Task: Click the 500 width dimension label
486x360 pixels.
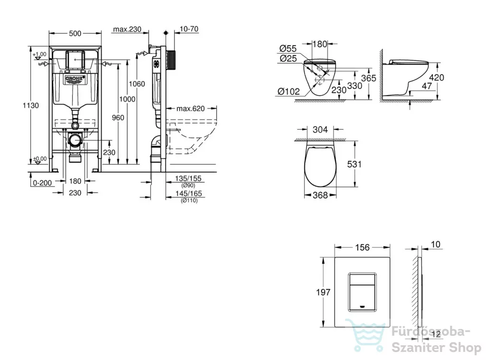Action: (75, 34)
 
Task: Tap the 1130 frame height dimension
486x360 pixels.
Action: (31, 105)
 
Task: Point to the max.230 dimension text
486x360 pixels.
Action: (127, 29)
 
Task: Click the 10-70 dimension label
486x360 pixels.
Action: (189, 29)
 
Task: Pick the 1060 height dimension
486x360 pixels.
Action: (137, 84)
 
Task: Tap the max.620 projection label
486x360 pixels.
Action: (191, 109)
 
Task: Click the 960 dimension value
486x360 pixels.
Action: (118, 117)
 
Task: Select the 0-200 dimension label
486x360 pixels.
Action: (42, 183)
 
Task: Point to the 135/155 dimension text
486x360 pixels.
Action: (188, 179)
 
